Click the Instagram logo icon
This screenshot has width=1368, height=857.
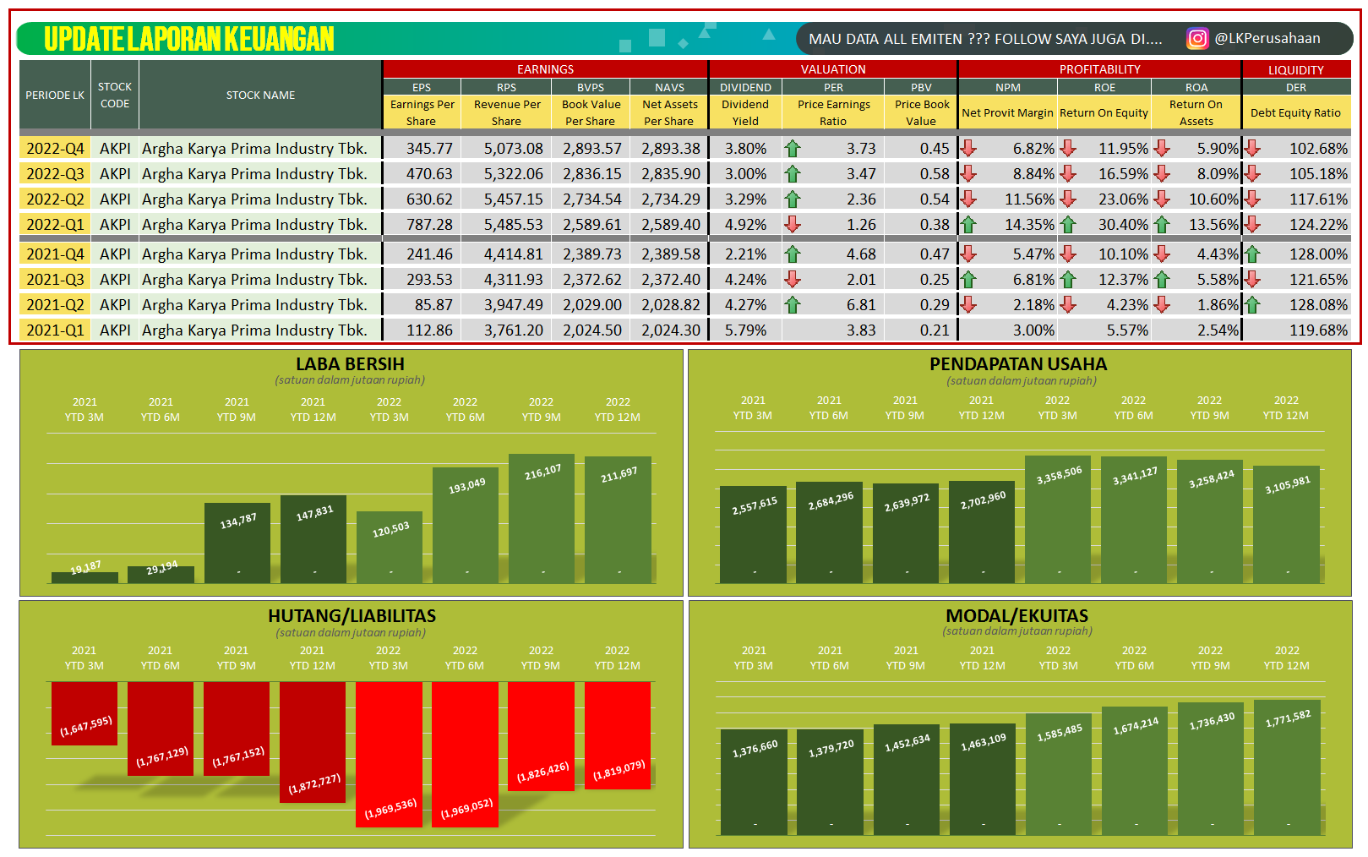pos(1196,39)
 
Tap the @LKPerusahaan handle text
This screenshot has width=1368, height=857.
pos(1267,39)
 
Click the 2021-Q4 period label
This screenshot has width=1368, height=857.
pos(55,254)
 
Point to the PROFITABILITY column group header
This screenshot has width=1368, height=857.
pos(1099,69)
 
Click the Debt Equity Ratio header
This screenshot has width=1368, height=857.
pos(1295,112)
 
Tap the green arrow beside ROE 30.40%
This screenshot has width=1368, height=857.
pos(1068,225)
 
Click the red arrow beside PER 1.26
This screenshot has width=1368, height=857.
pos(792,225)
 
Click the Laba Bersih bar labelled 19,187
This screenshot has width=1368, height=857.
pos(84,577)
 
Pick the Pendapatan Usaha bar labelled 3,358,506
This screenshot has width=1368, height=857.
pos(1057,519)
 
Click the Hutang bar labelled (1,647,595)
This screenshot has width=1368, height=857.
pos(84,713)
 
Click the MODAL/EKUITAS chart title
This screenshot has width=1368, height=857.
pos(1016,616)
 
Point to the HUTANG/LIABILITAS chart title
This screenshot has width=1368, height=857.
pos(352,616)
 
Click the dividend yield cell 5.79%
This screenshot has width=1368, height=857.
pos(745,330)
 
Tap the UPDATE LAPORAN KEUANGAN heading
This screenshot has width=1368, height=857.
pos(189,39)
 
